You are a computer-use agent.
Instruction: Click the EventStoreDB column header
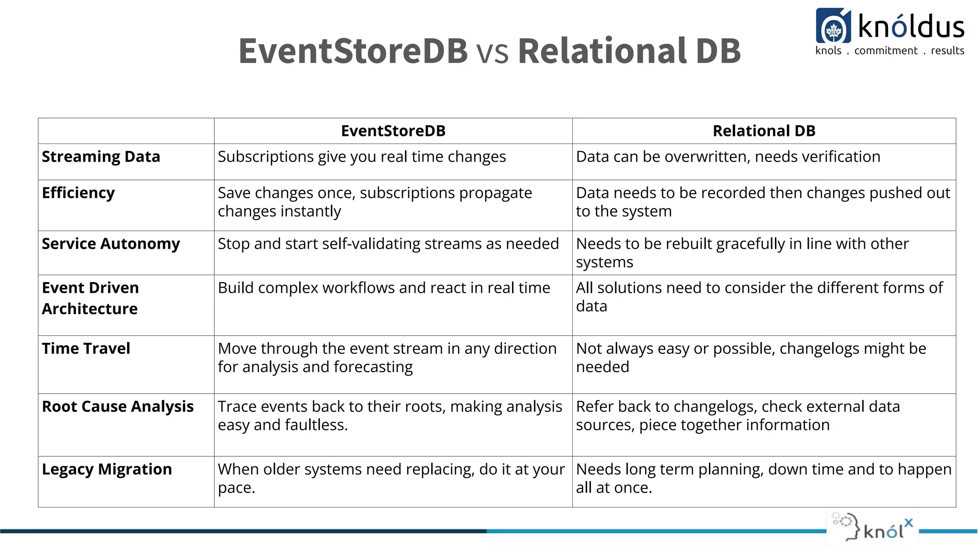393,131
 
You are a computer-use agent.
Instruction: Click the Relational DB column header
763,131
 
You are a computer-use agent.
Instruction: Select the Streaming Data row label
101,157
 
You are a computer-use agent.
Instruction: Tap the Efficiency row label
78,193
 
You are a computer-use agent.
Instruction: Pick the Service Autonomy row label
111,244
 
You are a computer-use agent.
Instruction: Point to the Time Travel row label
86,349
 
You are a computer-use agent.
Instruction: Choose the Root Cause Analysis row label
118,407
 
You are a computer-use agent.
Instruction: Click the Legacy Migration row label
107,470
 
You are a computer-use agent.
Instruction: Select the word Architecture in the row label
90,309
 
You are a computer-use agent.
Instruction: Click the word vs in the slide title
492,51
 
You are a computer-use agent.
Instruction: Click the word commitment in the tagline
886,51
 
